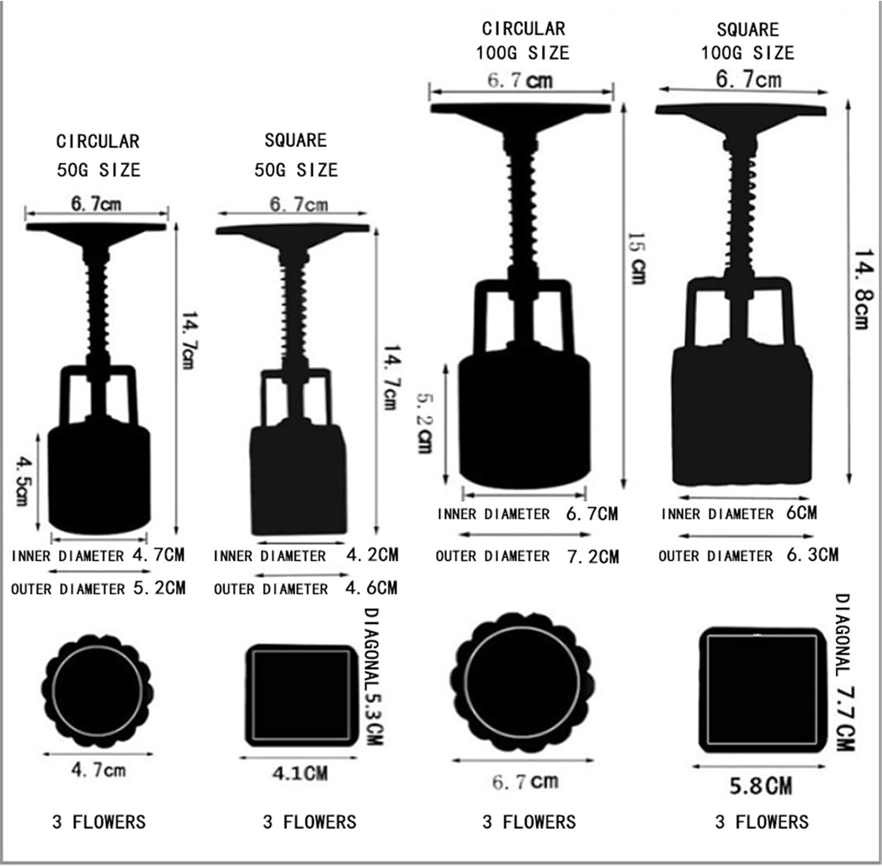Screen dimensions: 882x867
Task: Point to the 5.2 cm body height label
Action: coord(425,423)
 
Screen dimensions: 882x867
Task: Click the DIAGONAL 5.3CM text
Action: coord(373,677)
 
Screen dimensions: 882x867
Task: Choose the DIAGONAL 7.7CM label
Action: coord(844,672)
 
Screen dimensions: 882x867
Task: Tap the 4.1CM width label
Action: coord(300,773)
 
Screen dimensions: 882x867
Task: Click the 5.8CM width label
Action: coord(761,786)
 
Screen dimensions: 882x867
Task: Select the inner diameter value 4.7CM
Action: coord(158,554)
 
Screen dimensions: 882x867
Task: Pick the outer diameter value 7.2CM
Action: coord(593,556)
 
